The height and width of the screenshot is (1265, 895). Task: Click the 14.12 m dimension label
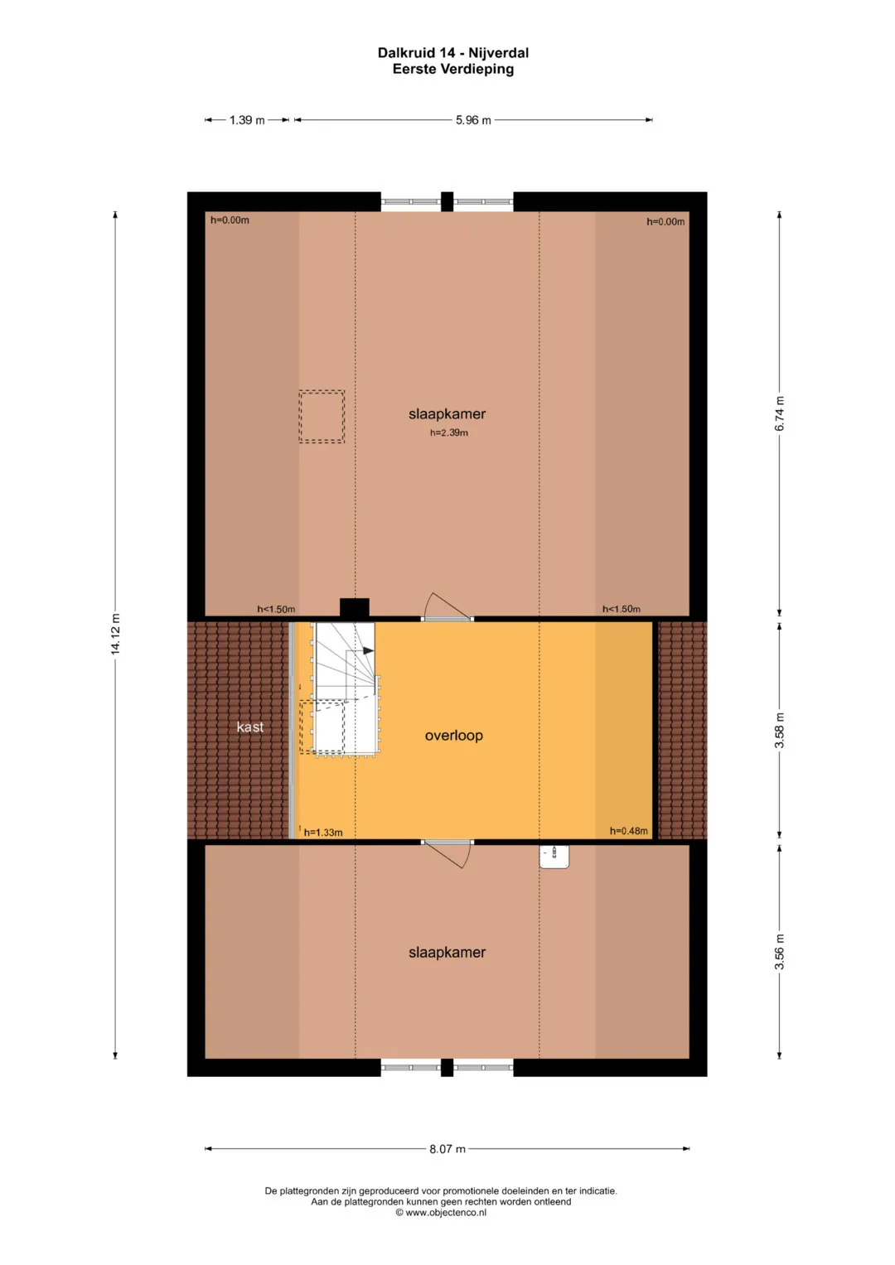tap(115, 634)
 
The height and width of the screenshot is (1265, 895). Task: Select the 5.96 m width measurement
tap(473, 120)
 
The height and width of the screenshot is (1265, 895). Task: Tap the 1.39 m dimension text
tap(247, 120)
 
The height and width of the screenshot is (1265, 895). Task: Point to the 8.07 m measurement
tap(447, 1149)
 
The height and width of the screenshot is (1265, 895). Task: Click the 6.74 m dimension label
tap(779, 414)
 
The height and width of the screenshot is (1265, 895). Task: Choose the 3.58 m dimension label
tap(779, 731)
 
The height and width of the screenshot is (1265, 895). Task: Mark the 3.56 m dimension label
tap(779, 952)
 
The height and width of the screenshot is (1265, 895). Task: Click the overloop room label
tap(454, 736)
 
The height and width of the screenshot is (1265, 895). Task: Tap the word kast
tap(249, 727)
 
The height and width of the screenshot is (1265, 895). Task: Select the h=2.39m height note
tap(448, 433)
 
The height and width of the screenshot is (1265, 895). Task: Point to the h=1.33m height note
tap(323, 833)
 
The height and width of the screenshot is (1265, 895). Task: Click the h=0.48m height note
tap(628, 831)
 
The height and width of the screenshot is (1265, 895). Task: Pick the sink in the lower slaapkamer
tap(554, 857)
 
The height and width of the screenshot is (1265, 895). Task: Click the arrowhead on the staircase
tap(369, 651)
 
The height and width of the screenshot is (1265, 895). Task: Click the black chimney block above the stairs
tap(355, 608)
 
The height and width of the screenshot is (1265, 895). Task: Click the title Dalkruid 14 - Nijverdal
tap(453, 53)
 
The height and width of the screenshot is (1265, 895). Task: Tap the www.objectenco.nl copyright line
tap(441, 1213)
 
